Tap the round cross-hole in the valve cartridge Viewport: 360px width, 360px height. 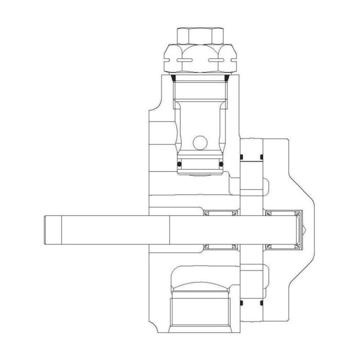pos(200,142)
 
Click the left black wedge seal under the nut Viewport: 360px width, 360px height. pos(174,78)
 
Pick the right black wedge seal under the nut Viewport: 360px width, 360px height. pos(227,78)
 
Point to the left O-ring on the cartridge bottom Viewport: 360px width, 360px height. pos(179,164)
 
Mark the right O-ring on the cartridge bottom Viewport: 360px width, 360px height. pos(221,164)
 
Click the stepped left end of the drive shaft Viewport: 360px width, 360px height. pos(51,230)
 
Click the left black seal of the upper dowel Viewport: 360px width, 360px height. pos(241,156)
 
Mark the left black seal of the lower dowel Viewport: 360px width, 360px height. pos(241,304)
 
